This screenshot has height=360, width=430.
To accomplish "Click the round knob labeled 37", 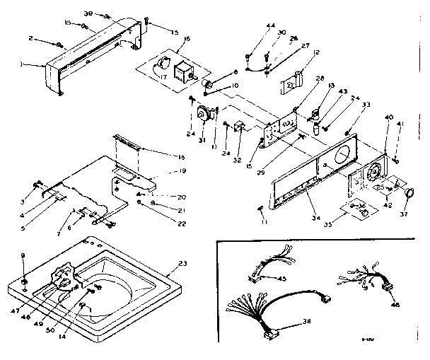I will pos(408,193).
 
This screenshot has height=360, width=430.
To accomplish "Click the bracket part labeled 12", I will pos(294,80).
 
